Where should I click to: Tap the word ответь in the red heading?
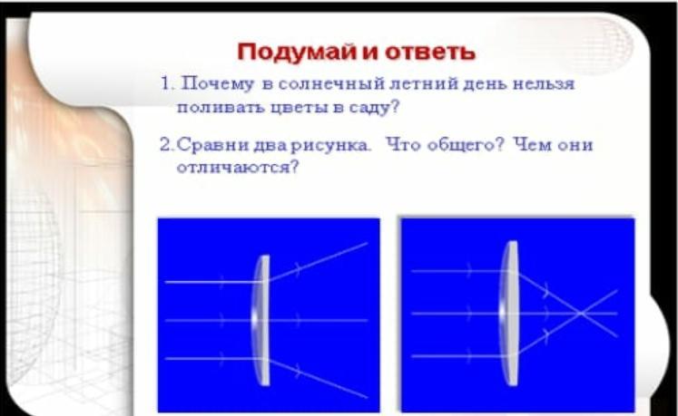430,53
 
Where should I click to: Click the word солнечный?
331,83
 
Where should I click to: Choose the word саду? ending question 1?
374,107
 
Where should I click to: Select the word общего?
466,145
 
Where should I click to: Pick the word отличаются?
238,167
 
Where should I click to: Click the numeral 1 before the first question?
166,83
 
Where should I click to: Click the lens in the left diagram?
261,320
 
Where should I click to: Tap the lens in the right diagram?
509,313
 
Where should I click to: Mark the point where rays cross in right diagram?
582,314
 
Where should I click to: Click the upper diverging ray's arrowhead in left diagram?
298,268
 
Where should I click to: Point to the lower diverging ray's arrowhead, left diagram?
298,370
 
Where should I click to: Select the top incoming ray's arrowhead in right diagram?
469,271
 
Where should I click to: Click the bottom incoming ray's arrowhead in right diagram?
469,356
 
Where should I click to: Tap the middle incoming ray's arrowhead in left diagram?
221,320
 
